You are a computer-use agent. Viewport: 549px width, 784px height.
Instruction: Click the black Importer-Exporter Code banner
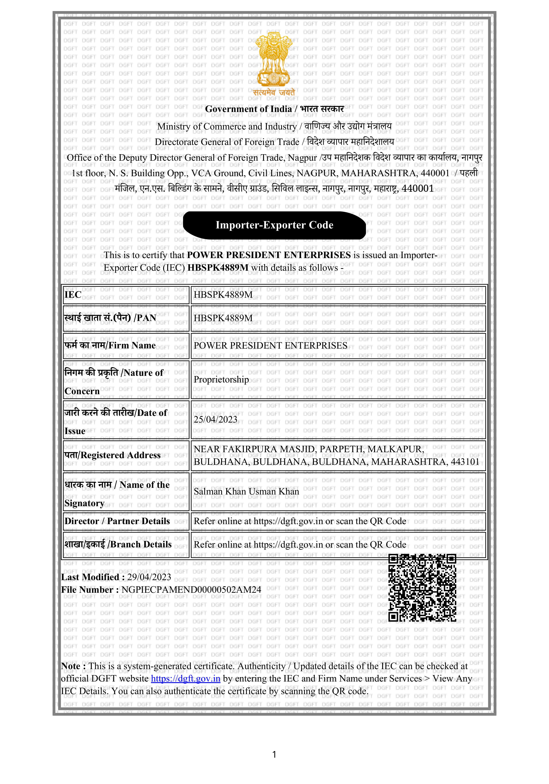coord(274,225)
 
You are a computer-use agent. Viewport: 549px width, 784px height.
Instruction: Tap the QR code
coord(422,588)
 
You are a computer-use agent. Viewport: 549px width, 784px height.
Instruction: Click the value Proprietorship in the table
coord(221,379)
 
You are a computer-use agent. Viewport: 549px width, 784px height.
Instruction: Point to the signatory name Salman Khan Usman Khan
coord(246,491)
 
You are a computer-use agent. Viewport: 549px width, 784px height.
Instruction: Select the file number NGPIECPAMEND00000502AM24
coord(191,590)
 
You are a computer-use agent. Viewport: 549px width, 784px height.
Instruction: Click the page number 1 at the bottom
coord(274,754)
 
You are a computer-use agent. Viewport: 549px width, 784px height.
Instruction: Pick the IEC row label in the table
coord(73,295)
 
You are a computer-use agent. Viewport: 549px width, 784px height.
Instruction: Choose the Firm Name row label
coord(110,346)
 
